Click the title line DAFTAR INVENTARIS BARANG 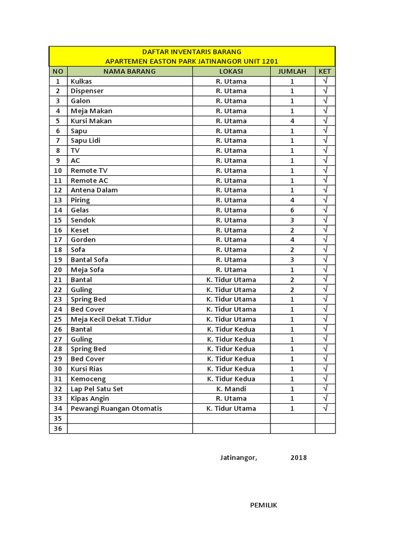(192, 52)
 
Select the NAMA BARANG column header (129, 71)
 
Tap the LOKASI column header (231, 71)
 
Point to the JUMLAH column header (292, 71)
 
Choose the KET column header (325, 71)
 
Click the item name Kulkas (81, 81)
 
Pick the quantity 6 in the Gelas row (292, 210)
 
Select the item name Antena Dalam (94, 190)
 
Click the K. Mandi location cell (231, 388)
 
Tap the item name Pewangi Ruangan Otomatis (117, 408)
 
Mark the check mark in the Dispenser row (325, 91)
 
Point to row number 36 (58, 428)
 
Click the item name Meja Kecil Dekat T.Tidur (111, 319)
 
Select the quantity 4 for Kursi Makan (292, 121)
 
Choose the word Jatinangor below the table (239, 457)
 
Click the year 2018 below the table (298, 457)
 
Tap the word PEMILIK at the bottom (264, 505)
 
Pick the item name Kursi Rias (86, 369)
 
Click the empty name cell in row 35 (130, 418)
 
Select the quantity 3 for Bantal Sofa (292, 259)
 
